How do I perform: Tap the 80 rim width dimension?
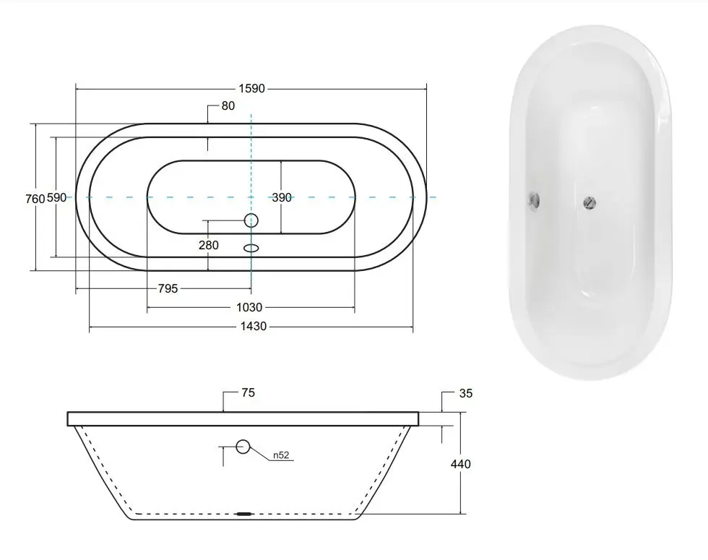point(228,106)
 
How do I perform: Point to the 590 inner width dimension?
point(57,198)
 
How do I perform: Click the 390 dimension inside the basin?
point(282,198)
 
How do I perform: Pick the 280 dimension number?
point(208,245)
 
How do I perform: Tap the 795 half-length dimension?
point(168,289)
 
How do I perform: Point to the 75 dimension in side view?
point(249,393)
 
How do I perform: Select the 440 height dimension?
point(460,464)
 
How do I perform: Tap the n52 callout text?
point(282,456)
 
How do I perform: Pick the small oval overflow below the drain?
point(251,248)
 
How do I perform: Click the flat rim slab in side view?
point(244,418)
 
